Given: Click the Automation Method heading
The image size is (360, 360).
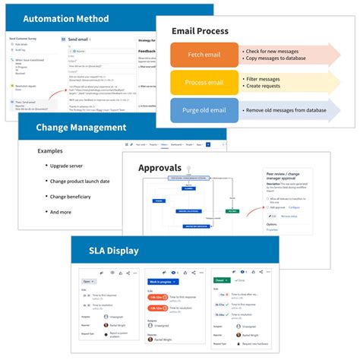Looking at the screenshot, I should [65, 18].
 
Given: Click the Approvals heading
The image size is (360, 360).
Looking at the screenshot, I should [160, 167].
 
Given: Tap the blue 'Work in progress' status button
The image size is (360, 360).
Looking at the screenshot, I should [163, 280].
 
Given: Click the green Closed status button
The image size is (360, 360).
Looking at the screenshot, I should [221, 280].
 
